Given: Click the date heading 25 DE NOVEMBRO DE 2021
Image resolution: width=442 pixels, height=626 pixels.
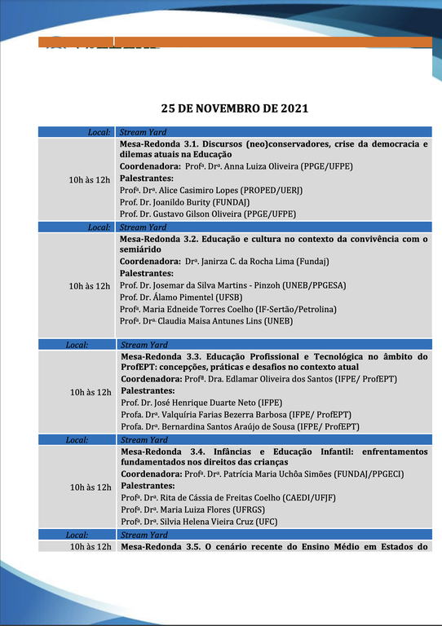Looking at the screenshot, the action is coord(234,108).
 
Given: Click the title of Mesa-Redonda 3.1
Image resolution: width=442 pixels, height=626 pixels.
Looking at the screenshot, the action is coord(273,149).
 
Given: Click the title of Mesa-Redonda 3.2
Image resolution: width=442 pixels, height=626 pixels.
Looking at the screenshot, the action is coord(273,244).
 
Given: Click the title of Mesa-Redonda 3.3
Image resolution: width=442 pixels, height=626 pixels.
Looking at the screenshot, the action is coord(273,362).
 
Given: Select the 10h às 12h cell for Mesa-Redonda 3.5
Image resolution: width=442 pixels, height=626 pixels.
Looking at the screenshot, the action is coord(90,547).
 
